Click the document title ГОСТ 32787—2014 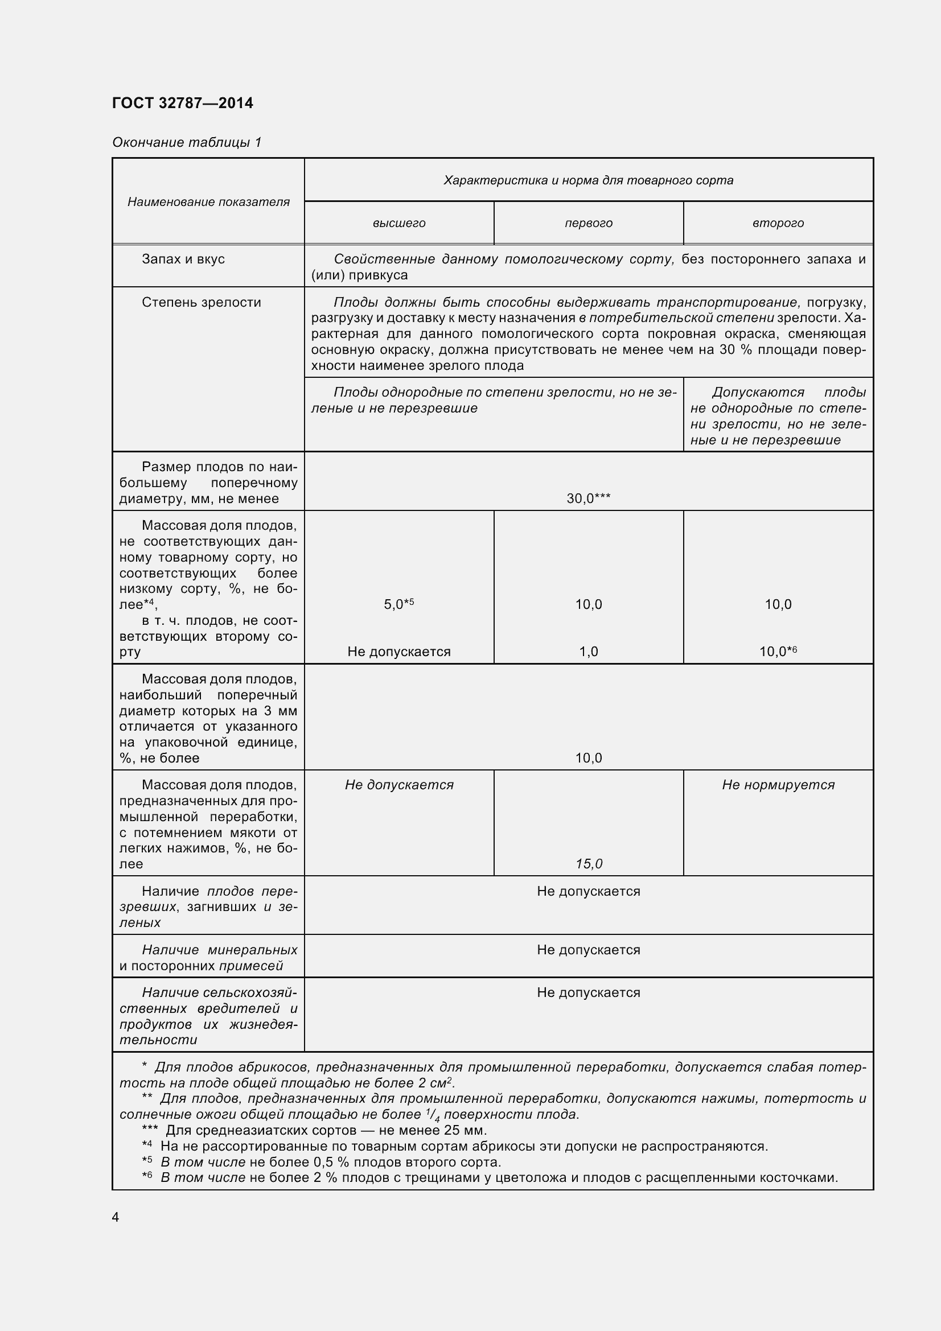click(x=183, y=103)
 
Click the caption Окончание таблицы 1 click(x=187, y=142)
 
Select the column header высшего click(x=399, y=223)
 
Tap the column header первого click(x=589, y=223)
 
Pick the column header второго click(x=778, y=223)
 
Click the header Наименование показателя click(x=208, y=202)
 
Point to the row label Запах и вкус click(x=183, y=259)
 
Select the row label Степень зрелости click(x=201, y=302)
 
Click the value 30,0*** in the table click(x=589, y=498)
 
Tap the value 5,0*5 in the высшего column click(x=399, y=604)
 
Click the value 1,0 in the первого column click(x=589, y=652)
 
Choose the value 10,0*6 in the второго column click(x=778, y=652)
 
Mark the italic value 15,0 click(x=589, y=864)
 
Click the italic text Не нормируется click(x=778, y=785)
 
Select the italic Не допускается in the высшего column click(x=399, y=785)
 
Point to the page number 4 click(x=116, y=1217)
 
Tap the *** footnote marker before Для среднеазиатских click(x=150, y=1130)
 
